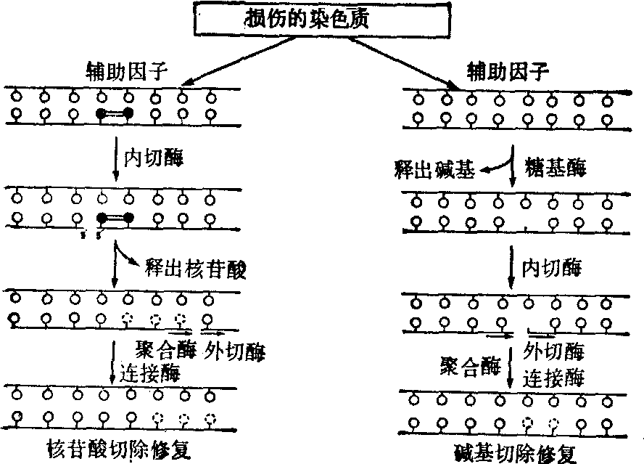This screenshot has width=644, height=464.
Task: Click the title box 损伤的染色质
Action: coord(306,19)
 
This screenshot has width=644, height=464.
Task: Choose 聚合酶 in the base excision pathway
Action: coord(470,366)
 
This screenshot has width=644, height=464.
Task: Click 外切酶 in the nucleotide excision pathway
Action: coord(235,353)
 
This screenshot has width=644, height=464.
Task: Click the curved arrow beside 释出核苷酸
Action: coord(125,256)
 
